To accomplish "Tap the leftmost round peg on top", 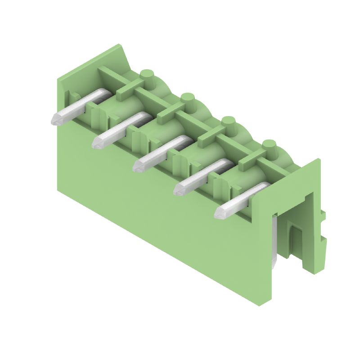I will [147, 74].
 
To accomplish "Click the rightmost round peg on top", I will [269, 145].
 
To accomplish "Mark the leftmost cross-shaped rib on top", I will [128, 88].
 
